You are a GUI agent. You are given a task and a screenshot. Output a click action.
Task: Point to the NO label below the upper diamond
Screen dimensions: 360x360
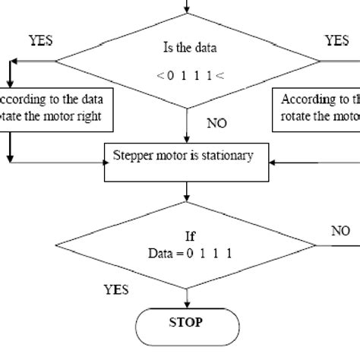click(x=216, y=122)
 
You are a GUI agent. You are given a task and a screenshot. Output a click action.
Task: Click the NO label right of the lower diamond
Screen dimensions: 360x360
click(x=341, y=231)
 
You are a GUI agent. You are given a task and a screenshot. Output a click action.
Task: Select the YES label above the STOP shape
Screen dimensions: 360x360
click(x=115, y=289)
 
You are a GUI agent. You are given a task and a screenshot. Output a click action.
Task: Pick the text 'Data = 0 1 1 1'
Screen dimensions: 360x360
click(x=191, y=251)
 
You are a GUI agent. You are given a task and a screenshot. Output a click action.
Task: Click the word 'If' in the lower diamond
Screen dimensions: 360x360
click(x=190, y=236)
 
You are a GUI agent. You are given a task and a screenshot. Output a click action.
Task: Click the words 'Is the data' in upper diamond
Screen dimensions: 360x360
click(x=190, y=49)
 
